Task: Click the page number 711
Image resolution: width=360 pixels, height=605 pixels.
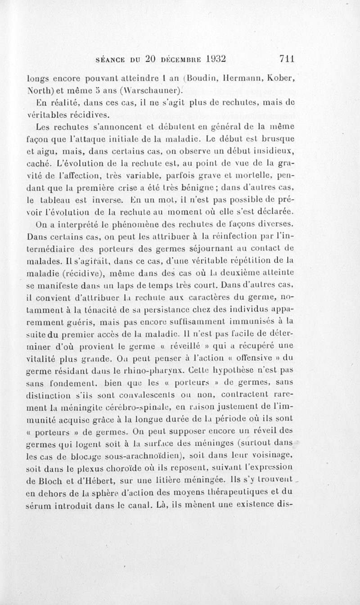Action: (286, 58)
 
